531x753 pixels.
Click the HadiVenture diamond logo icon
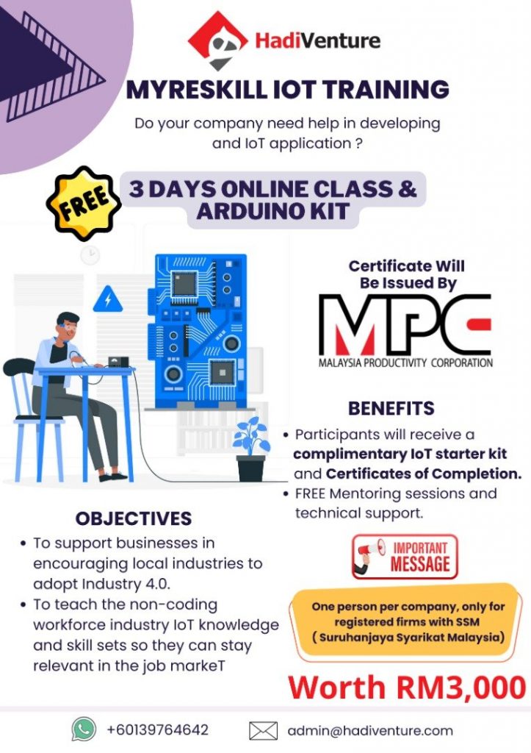coord(217,40)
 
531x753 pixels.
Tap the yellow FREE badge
coord(83,204)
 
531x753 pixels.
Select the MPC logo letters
coord(405,324)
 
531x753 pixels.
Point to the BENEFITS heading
coord(391,408)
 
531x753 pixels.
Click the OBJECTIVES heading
coord(134,518)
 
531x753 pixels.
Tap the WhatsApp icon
coord(84,729)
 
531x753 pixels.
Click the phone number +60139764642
coord(157,730)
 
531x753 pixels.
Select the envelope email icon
coord(264,730)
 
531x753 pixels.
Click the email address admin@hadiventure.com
coord(370,730)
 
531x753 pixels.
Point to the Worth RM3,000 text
coord(407,688)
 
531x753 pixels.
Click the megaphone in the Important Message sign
coord(370,554)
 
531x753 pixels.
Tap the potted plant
coord(251,449)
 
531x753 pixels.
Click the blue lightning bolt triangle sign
coord(107,300)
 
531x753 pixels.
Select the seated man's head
coord(68,326)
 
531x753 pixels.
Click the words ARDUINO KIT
coord(272,211)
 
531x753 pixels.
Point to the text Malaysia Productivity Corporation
coord(405,363)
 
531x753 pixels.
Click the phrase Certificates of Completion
coord(424,474)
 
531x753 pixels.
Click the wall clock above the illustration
coord(90,254)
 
